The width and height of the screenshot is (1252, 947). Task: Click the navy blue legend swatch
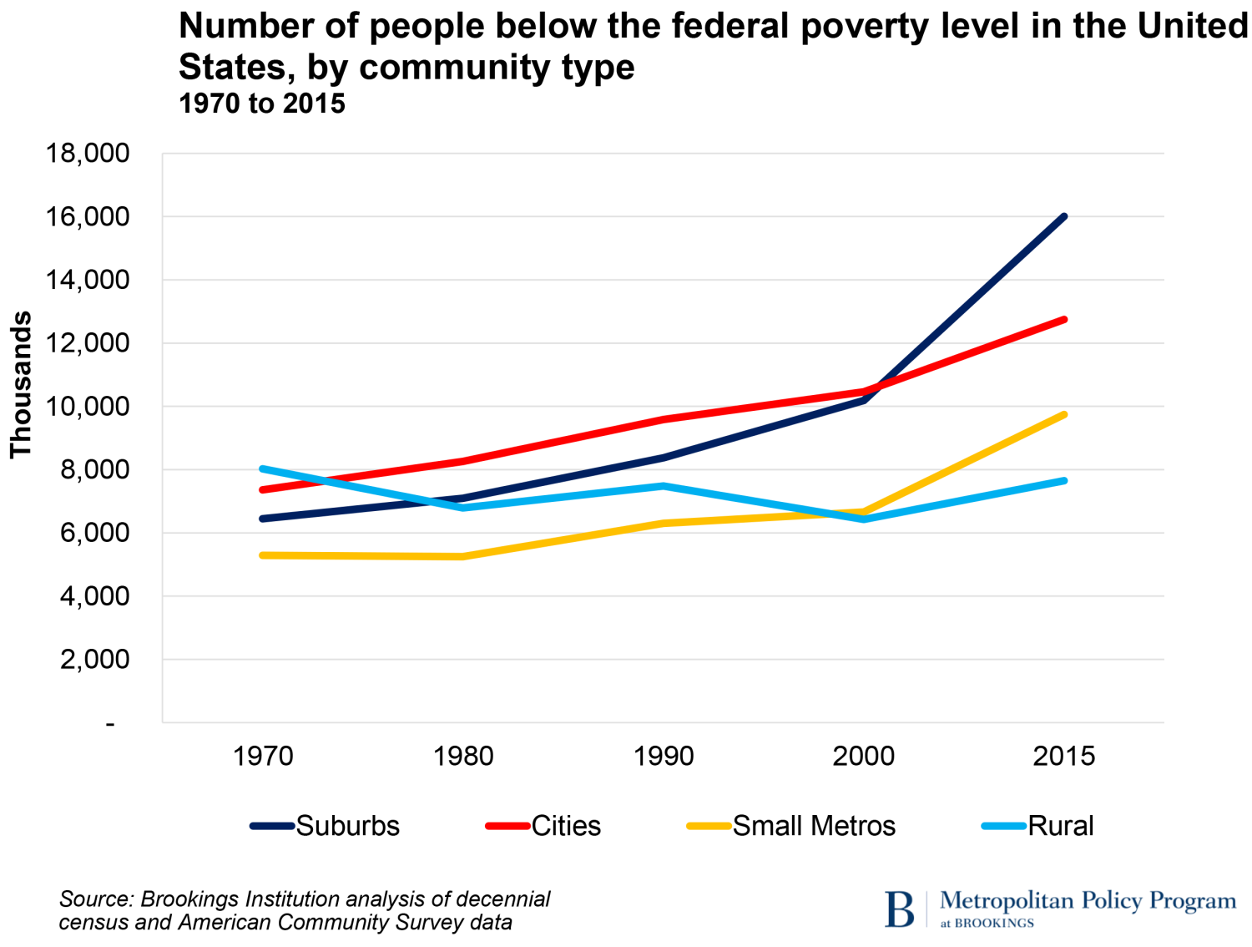pos(272,826)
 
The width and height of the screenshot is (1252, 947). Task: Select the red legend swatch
pos(507,826)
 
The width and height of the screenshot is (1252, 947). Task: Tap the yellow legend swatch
pos(709,826)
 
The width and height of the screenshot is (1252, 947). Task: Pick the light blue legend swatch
pos(1003,826)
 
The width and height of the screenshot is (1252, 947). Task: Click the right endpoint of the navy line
pos(1064,217)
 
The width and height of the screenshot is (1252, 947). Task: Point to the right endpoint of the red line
pos(1064,319)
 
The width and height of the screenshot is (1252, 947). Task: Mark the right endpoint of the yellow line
pos(1064,414)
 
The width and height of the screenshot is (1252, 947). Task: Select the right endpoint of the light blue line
pos(1064,481)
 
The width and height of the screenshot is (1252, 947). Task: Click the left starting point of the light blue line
pos(262,468)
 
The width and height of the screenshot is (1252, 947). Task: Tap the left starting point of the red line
pos(262,489)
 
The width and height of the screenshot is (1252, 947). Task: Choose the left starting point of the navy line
pos(262,519)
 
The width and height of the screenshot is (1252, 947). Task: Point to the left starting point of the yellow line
pos(262,555)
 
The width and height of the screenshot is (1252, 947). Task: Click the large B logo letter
pos(900,909)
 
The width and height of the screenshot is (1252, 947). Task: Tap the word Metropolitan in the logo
pos(1007,901)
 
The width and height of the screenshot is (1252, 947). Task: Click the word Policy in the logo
pos(1111,901)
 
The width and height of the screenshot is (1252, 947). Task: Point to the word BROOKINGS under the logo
pos(994,923)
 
